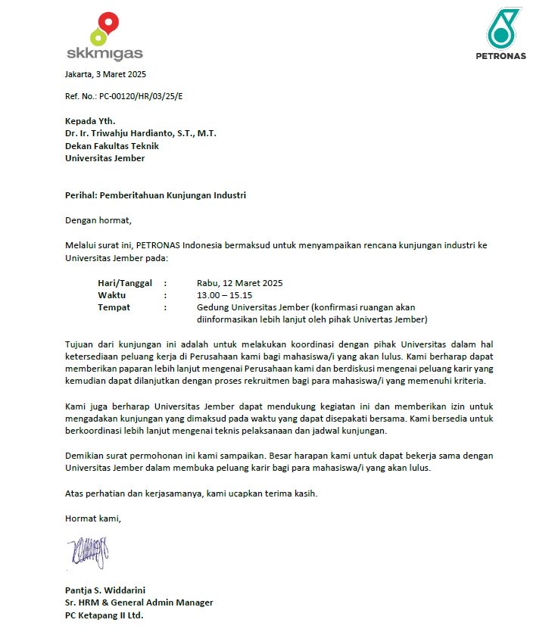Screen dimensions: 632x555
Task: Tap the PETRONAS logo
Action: click(501, 33)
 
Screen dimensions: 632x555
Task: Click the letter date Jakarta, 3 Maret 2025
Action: click(105, 74)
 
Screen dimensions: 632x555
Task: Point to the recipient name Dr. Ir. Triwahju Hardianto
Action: click(140, 133)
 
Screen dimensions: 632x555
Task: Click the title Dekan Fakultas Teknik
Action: click(111, 145)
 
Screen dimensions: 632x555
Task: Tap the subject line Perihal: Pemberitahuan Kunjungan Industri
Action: click(155, 195)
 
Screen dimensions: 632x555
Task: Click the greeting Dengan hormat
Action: click(98, 220)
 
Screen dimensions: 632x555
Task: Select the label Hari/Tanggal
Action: click(125, 283)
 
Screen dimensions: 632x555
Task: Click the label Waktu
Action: click(111, 295)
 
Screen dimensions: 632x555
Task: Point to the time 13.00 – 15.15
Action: click(224, 295)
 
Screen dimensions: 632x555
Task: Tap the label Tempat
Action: click(114, 307)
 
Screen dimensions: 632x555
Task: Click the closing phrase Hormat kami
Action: click(93, 518)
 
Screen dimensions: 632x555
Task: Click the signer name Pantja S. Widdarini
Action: click(105, 590)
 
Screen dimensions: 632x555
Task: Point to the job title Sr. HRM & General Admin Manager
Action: click(139, 602)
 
